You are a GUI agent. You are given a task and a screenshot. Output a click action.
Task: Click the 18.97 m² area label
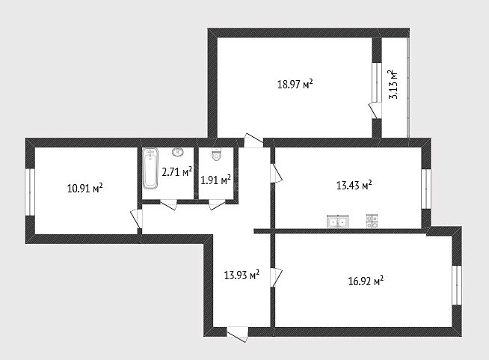[295, 85]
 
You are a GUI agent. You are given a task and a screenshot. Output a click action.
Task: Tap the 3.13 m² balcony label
[393, 85]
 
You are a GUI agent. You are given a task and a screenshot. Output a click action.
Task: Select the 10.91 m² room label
[84, 189]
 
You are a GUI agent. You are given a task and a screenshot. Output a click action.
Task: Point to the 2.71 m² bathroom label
[176, 171]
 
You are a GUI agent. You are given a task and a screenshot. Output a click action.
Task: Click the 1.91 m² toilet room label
[215, 180]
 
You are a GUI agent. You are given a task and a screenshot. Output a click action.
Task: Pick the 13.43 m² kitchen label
[354, 186]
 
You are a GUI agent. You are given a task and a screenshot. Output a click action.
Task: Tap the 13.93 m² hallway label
[242, 275]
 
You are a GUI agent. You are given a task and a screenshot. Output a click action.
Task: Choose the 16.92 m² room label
[366, 281]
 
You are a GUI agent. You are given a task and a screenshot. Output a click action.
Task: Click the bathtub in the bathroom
[150, 168]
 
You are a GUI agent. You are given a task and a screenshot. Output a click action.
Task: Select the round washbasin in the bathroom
[178, 152]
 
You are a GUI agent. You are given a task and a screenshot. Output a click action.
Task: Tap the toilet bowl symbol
[216, 154]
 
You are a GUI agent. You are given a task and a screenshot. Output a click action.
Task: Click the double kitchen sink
[337, 222]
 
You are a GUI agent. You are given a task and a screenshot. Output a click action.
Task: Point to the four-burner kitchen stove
[372, 222]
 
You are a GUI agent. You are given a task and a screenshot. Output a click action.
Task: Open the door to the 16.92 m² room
[276, 278]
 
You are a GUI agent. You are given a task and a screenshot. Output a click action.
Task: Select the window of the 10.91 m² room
[30, 192]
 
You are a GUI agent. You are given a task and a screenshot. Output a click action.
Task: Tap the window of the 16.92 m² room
[457, 284]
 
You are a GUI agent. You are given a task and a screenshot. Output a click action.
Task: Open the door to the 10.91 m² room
[137, 219]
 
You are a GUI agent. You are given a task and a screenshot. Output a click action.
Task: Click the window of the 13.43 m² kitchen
[426, 189]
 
